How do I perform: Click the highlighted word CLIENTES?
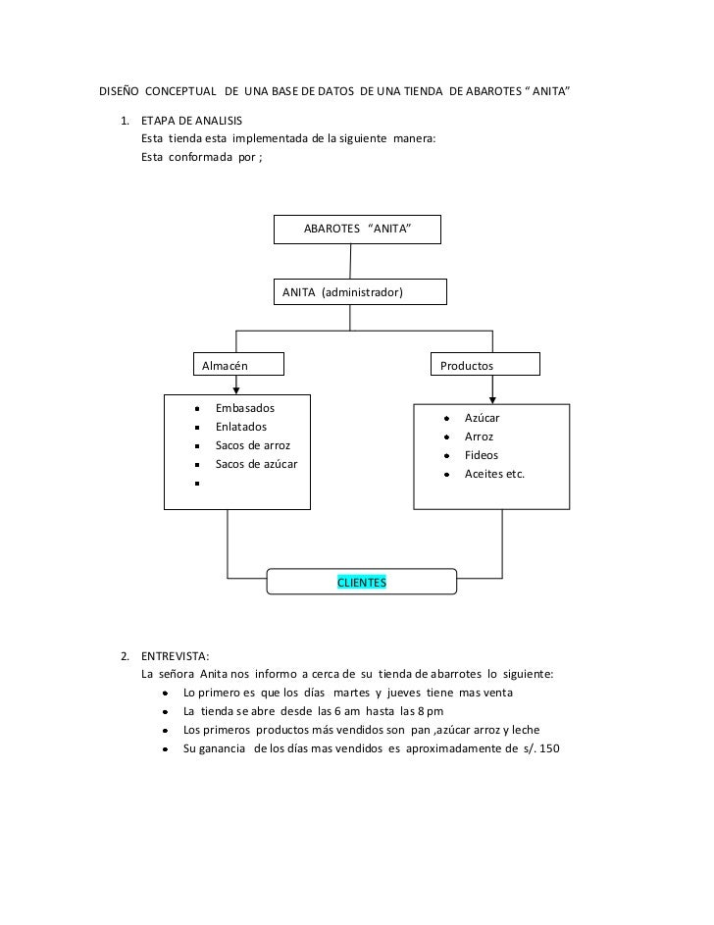pos(362,583)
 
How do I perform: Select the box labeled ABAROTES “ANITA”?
pos(358,229)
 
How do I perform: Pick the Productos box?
pos(485,365)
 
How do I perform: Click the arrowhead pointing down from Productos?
pos(492,397)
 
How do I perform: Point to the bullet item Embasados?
pos(245,408)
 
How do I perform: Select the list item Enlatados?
pos(240,427)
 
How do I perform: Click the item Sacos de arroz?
pos(252,445)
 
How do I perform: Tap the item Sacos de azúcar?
pos(256,464)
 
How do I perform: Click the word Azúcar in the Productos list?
pos(482,418)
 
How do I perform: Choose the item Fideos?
pos(481,455)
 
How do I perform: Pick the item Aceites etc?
pos(494,474)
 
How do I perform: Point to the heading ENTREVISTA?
pos(175,655)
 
